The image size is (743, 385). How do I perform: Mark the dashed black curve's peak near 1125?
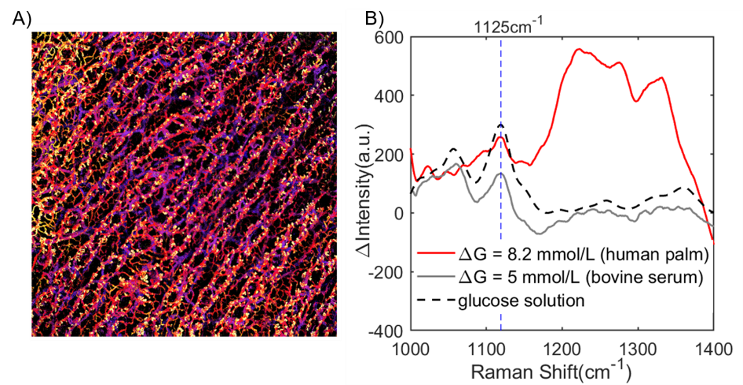(501, 124)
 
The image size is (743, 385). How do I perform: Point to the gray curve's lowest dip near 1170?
(539, 233)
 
